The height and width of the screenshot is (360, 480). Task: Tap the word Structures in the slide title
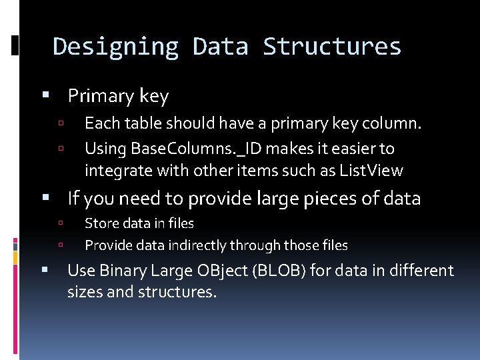click(332, 47)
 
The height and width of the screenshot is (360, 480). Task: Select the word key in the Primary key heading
click(154, 97)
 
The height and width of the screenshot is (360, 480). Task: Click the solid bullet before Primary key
click(46, 95)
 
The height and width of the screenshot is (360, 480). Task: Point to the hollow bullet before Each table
click(60, 123)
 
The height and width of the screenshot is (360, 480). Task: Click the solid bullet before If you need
click(46, 197)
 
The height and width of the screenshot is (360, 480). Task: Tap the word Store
click(101, 223)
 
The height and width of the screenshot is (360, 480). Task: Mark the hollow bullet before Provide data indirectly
click(60, 245)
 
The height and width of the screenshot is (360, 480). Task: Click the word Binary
click(121, 271)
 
